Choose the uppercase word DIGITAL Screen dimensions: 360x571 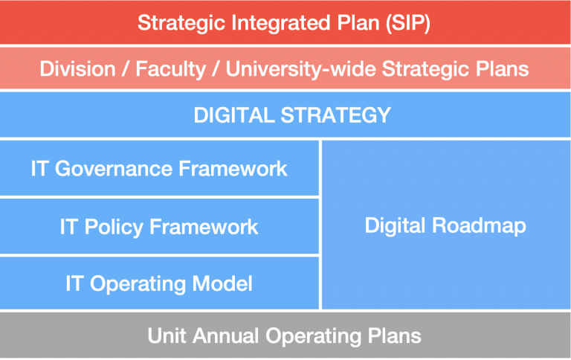[x=230, y=115]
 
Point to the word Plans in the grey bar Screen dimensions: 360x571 [x=396, y=335]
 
